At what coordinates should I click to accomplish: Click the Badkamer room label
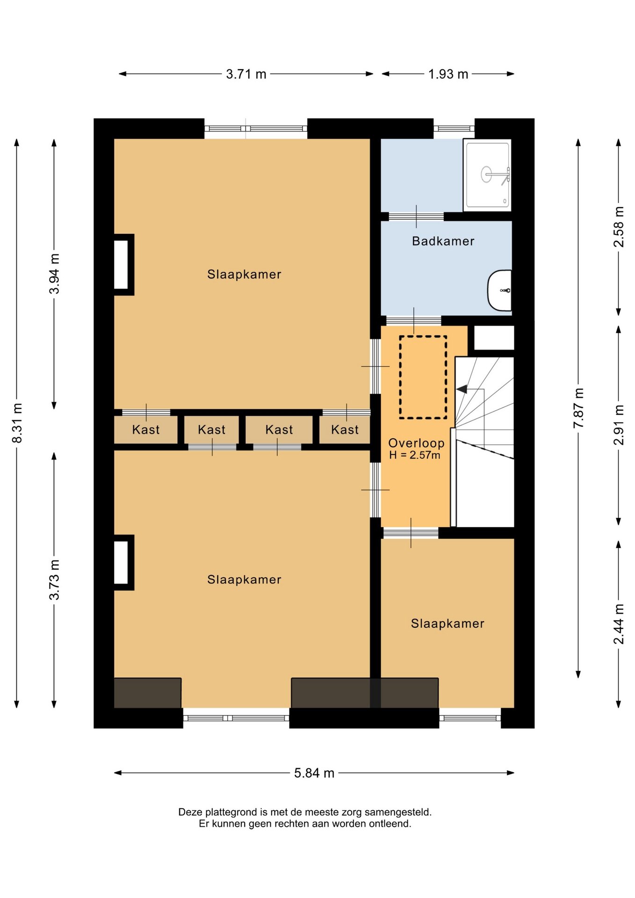click(443, 241)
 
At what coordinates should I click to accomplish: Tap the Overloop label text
click(416, 443)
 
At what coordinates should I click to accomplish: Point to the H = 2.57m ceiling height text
click(415, 455)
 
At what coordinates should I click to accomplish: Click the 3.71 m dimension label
click(246, 74)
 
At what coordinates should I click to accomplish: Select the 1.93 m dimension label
click(448, 74)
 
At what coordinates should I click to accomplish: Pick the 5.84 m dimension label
click(314, 773)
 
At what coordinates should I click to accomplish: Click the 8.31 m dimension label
click(17, 423)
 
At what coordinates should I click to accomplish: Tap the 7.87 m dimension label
click(578, 408)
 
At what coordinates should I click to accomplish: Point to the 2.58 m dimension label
click(619, 227)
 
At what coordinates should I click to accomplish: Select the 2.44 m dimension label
click(619, 624)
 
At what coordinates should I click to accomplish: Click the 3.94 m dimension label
click(54, 274)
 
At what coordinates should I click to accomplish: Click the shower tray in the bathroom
click(487, 175)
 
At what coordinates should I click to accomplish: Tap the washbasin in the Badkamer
click(499, 290)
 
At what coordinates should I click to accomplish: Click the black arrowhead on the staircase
click(461, 389)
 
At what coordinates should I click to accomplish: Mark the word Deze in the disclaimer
click(190, 812)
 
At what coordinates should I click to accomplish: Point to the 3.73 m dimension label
click(54, 579)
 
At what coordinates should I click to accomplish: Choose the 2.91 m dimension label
click(619, 425)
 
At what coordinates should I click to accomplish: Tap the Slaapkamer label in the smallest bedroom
click(447, 623)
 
